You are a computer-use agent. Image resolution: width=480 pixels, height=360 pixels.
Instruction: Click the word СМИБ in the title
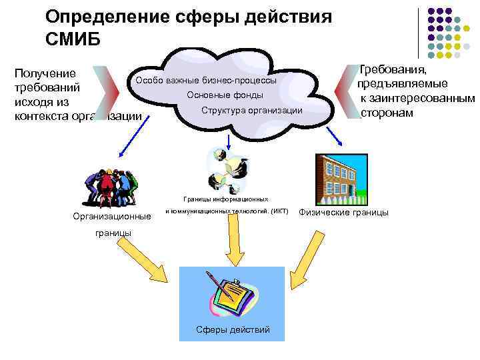[73, 39]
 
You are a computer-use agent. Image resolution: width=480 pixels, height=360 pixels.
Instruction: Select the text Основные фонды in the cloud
[225, 95]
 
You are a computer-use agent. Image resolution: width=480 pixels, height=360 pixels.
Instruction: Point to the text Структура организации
[251, 110]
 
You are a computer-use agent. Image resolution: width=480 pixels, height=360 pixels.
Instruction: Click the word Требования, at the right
[394, 69]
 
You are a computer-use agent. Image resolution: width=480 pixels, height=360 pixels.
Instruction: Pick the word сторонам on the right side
[387, 113]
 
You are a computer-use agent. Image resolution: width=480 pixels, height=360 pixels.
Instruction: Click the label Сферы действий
[233, 330]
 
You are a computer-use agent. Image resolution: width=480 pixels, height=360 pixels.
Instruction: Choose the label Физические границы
[343, 213]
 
